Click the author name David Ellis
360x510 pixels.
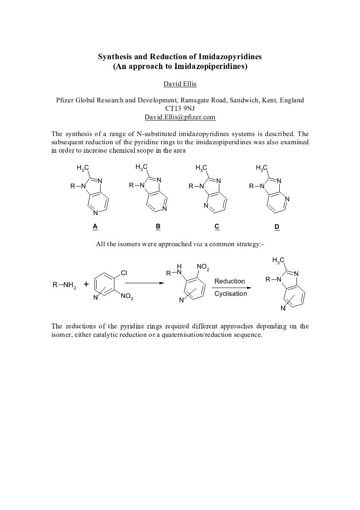(180, 83)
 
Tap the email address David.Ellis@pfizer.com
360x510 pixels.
(180, 117)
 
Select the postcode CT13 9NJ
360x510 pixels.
(180, 108)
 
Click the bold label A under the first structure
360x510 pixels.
(95, 226)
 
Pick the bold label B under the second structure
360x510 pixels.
(158, 226)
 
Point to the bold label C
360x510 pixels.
(217, 226)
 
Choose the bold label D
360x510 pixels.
(277, 227)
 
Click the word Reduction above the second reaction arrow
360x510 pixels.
(230, 281)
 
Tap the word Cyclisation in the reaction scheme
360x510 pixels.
(231, 294)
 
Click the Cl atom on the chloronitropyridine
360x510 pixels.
(124, 273)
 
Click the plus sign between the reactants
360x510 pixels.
(86, 284)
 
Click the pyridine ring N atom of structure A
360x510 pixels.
(95, 212)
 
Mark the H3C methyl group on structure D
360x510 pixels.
(261, 168)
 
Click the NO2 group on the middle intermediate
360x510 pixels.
(202, 268)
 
